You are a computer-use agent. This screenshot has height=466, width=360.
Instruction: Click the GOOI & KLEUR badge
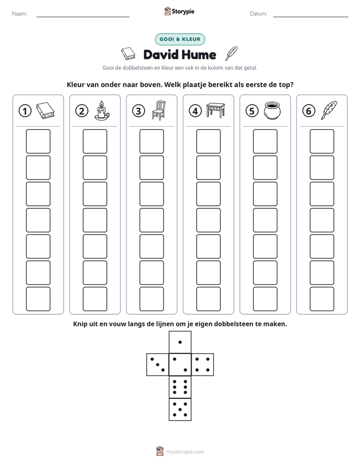(180, 39)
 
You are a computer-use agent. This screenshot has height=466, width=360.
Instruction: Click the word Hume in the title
(199, 54)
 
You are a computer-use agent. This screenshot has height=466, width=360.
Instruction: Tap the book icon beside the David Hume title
(128, 54)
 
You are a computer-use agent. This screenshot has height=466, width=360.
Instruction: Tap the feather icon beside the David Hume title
(232, 53)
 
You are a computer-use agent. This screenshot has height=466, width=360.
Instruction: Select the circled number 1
(25, 111)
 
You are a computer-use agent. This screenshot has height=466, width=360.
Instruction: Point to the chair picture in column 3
(159, 110)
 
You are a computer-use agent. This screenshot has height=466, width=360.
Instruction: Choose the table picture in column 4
(216, 110)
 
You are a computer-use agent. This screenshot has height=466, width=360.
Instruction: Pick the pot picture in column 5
(272, 110)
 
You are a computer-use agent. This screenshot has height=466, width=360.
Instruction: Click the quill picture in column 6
(329, 110)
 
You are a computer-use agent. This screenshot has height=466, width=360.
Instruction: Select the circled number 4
(195, 111)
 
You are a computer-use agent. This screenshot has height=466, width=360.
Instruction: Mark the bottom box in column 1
(38, 299)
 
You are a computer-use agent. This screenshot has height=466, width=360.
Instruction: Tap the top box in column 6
(322, 141)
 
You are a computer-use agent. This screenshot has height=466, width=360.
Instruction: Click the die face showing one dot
(180, 342)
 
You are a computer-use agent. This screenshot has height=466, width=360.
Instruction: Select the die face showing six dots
(180, 387)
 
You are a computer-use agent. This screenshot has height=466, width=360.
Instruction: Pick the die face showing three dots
(158, 365)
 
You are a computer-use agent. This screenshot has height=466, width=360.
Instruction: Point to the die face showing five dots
(180, 410)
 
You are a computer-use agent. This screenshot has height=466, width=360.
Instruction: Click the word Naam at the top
(20, 14)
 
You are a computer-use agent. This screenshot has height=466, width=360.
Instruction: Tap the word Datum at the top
(259, 14)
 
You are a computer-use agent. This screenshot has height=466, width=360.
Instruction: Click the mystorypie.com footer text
(185, 452)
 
